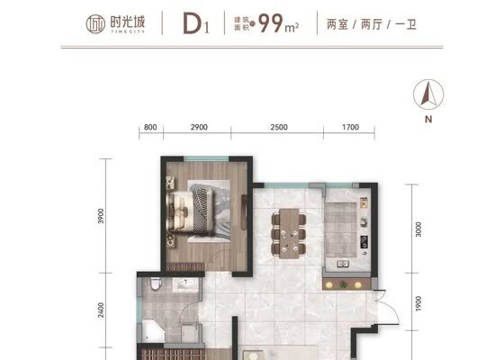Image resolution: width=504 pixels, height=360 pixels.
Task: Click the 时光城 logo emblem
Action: click(x=95, y=24)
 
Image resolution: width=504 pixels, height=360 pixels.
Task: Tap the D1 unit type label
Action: click(x=196, y=23)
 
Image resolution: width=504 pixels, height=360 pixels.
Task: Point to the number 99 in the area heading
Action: click(x=271, y=23)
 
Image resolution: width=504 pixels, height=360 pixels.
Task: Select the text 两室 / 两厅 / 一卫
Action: click(x=371, y=24)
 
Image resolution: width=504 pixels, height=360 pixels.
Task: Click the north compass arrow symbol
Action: click(x=428, y=94)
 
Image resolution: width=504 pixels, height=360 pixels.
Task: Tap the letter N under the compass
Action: click(x=428, y=119)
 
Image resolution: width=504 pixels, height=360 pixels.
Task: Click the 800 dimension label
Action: click(x=150, y=127)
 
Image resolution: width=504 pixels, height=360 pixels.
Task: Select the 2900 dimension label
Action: click(x=199, y=127)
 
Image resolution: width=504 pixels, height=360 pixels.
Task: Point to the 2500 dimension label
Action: click(x=279, y=127)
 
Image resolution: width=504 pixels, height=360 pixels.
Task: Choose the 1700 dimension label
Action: click(x=350, y=127)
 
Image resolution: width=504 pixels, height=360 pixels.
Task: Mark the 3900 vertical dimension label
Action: click(x=101, y=216)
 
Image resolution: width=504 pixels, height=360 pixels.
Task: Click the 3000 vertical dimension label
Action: click(x=418, y=229)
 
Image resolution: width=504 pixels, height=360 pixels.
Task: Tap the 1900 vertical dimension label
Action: click(x=418, y=304)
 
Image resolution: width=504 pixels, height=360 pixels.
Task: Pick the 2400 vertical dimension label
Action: click(x=101, y=310)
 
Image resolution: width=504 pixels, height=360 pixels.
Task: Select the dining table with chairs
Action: click(x=289, y=233)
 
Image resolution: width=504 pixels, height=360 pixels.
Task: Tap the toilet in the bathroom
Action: click(x=156, y=284)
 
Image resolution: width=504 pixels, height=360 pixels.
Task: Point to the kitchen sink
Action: click(x=343, y=265)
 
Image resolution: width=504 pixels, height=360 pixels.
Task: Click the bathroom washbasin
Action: click(x=184, y=284)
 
